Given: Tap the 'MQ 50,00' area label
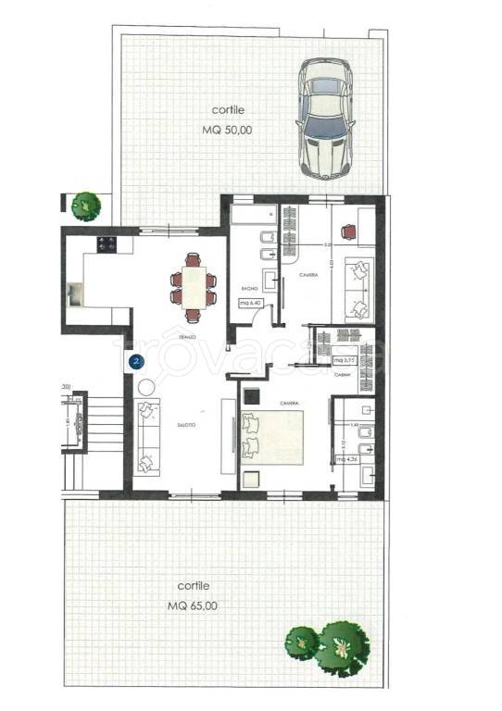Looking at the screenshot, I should tap(226, 131).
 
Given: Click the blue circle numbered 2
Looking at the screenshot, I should tap(136, 361).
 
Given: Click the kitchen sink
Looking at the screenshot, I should tap(73, 296).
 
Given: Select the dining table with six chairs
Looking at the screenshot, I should tap(194, 281).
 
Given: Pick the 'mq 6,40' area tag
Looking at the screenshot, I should tap(251, 303).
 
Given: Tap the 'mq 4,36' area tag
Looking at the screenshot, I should tap(346, 459).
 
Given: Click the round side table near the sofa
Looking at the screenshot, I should tap(146, 386).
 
